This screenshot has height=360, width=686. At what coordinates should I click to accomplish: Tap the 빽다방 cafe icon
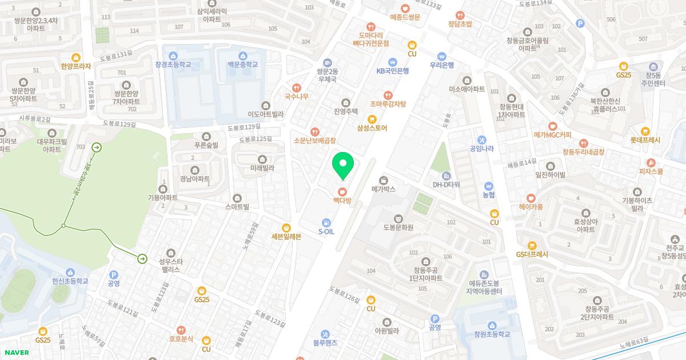342,191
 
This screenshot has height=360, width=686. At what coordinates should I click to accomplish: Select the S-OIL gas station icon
326,222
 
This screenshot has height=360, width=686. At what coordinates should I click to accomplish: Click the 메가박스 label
383,188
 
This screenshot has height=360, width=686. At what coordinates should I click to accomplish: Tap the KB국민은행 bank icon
392,62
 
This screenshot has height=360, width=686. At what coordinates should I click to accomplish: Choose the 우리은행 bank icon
441,57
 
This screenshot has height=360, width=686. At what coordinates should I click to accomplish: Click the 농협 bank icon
488,186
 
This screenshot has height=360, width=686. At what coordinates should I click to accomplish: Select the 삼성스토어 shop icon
372,119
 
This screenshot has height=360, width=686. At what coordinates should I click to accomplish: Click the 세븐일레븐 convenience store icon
286,227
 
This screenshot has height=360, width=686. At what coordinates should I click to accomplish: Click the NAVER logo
15,353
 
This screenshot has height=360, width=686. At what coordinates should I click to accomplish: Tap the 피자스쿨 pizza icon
651,162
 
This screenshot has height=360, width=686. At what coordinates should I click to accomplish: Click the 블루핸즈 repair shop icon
325,334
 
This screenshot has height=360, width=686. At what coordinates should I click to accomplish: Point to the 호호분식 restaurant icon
181,330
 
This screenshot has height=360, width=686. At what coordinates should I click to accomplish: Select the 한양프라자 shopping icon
75,57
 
